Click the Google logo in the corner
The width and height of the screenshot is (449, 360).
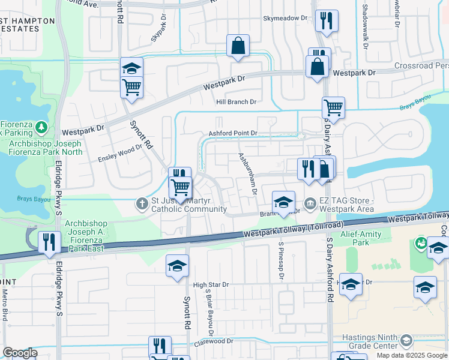click(20, 353)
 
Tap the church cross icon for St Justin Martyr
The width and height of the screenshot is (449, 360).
click(142, 204)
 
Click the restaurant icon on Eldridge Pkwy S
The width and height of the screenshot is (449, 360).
click(49, 241)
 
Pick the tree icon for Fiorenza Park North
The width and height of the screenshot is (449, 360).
click(41, 127)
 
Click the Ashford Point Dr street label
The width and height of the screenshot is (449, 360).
click(233, 133)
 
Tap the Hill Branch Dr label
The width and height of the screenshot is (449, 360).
click(236, 102)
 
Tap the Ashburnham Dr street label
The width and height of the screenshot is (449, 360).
click(247, 173)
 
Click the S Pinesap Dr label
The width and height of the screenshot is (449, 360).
click(280, 259)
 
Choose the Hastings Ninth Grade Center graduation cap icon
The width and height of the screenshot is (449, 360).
click(406, 341)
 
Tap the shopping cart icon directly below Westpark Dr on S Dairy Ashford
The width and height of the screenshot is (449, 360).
click(333, 108)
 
